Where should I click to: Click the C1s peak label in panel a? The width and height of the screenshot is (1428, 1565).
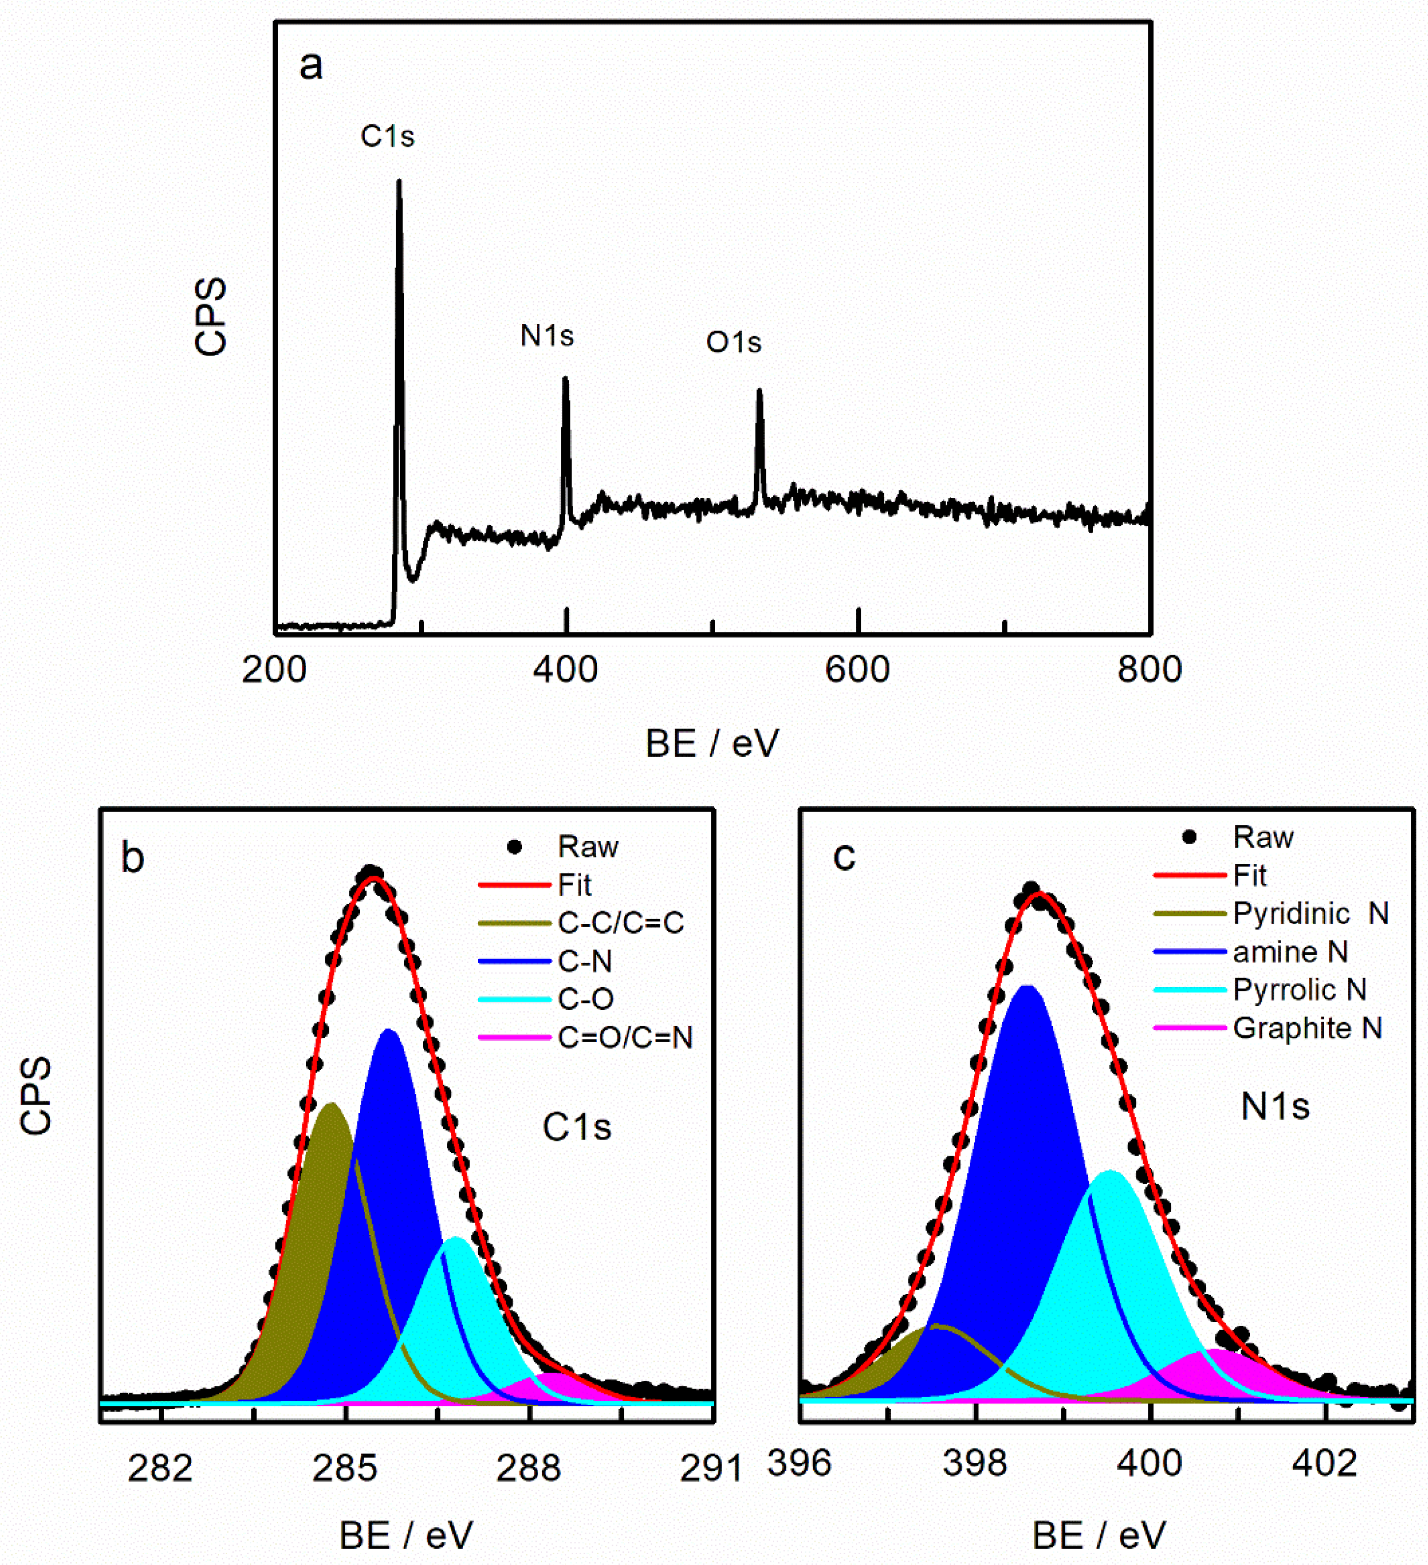387,137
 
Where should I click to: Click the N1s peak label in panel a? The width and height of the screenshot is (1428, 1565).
547,336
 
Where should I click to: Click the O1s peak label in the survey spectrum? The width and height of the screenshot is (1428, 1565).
733,342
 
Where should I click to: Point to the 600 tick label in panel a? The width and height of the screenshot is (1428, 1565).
857,669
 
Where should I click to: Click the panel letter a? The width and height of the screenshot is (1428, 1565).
311,66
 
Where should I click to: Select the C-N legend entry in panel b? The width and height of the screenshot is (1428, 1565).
584,962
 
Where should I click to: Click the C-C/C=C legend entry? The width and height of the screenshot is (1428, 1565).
620,923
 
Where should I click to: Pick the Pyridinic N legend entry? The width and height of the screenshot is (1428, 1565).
1311,913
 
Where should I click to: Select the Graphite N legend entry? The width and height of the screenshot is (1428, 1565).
1308,1028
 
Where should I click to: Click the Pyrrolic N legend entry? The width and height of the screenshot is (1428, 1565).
1300,990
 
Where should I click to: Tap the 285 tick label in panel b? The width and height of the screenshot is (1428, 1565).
345,1468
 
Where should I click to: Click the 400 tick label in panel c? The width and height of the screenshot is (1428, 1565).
1149,1463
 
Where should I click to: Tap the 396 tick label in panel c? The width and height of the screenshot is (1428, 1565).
799,1463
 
